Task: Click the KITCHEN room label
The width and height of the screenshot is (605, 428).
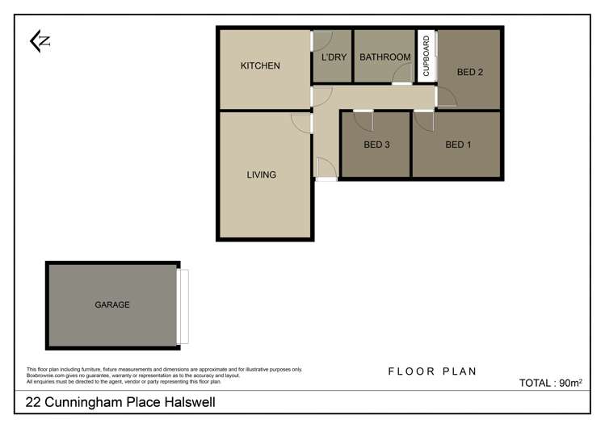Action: pyautogui.click(x=260, y=65)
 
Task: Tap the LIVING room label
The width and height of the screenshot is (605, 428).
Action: pyautogui.click(x=261, y=174)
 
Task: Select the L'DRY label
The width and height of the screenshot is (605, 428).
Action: pyautogui.click(x=333, y=57)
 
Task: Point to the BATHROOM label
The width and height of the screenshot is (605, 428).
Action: pyautogui.click(x=385, y=57)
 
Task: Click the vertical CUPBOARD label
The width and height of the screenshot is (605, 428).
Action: pyautogui.click(x=426, y=56)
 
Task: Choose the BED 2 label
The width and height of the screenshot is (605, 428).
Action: pyautogui.click(x=469, y=72)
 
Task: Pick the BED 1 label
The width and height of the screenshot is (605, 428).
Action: pyautogui.click(x=458, y=145)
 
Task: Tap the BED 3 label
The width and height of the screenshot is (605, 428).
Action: pyautogui.click(x=377, y=145)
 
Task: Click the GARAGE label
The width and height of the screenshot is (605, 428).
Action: pyautogui.click(x=112, y=304)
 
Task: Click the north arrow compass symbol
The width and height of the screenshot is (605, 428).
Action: pyautogui.click(x=40, y=41)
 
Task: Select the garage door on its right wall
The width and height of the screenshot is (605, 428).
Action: pyautogui.click(x=183, y=306)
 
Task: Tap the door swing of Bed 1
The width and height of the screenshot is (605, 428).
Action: pyautogui.click(x=425, y=120)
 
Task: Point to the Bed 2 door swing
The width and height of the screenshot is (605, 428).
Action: pyautogui.click(x=447, y=97)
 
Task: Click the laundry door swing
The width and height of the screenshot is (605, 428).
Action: pyautogui.click(x=321, y=41)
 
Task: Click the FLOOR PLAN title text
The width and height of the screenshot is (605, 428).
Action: pyautogui.click(x=432, y=371)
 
